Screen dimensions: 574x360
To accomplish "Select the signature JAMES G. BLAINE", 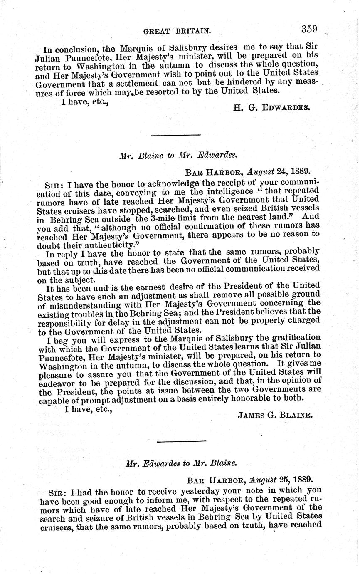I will (274, 416).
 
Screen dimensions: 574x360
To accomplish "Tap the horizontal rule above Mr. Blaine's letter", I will (176, 135).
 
